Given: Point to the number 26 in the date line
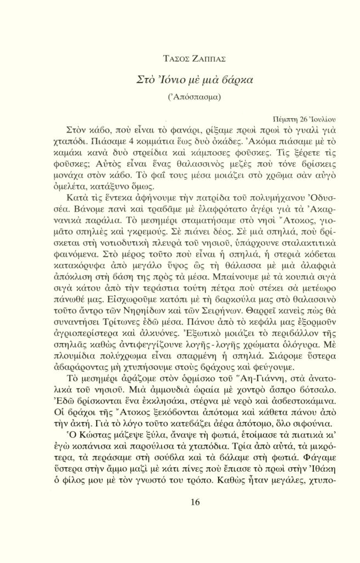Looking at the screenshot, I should (301, 119).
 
